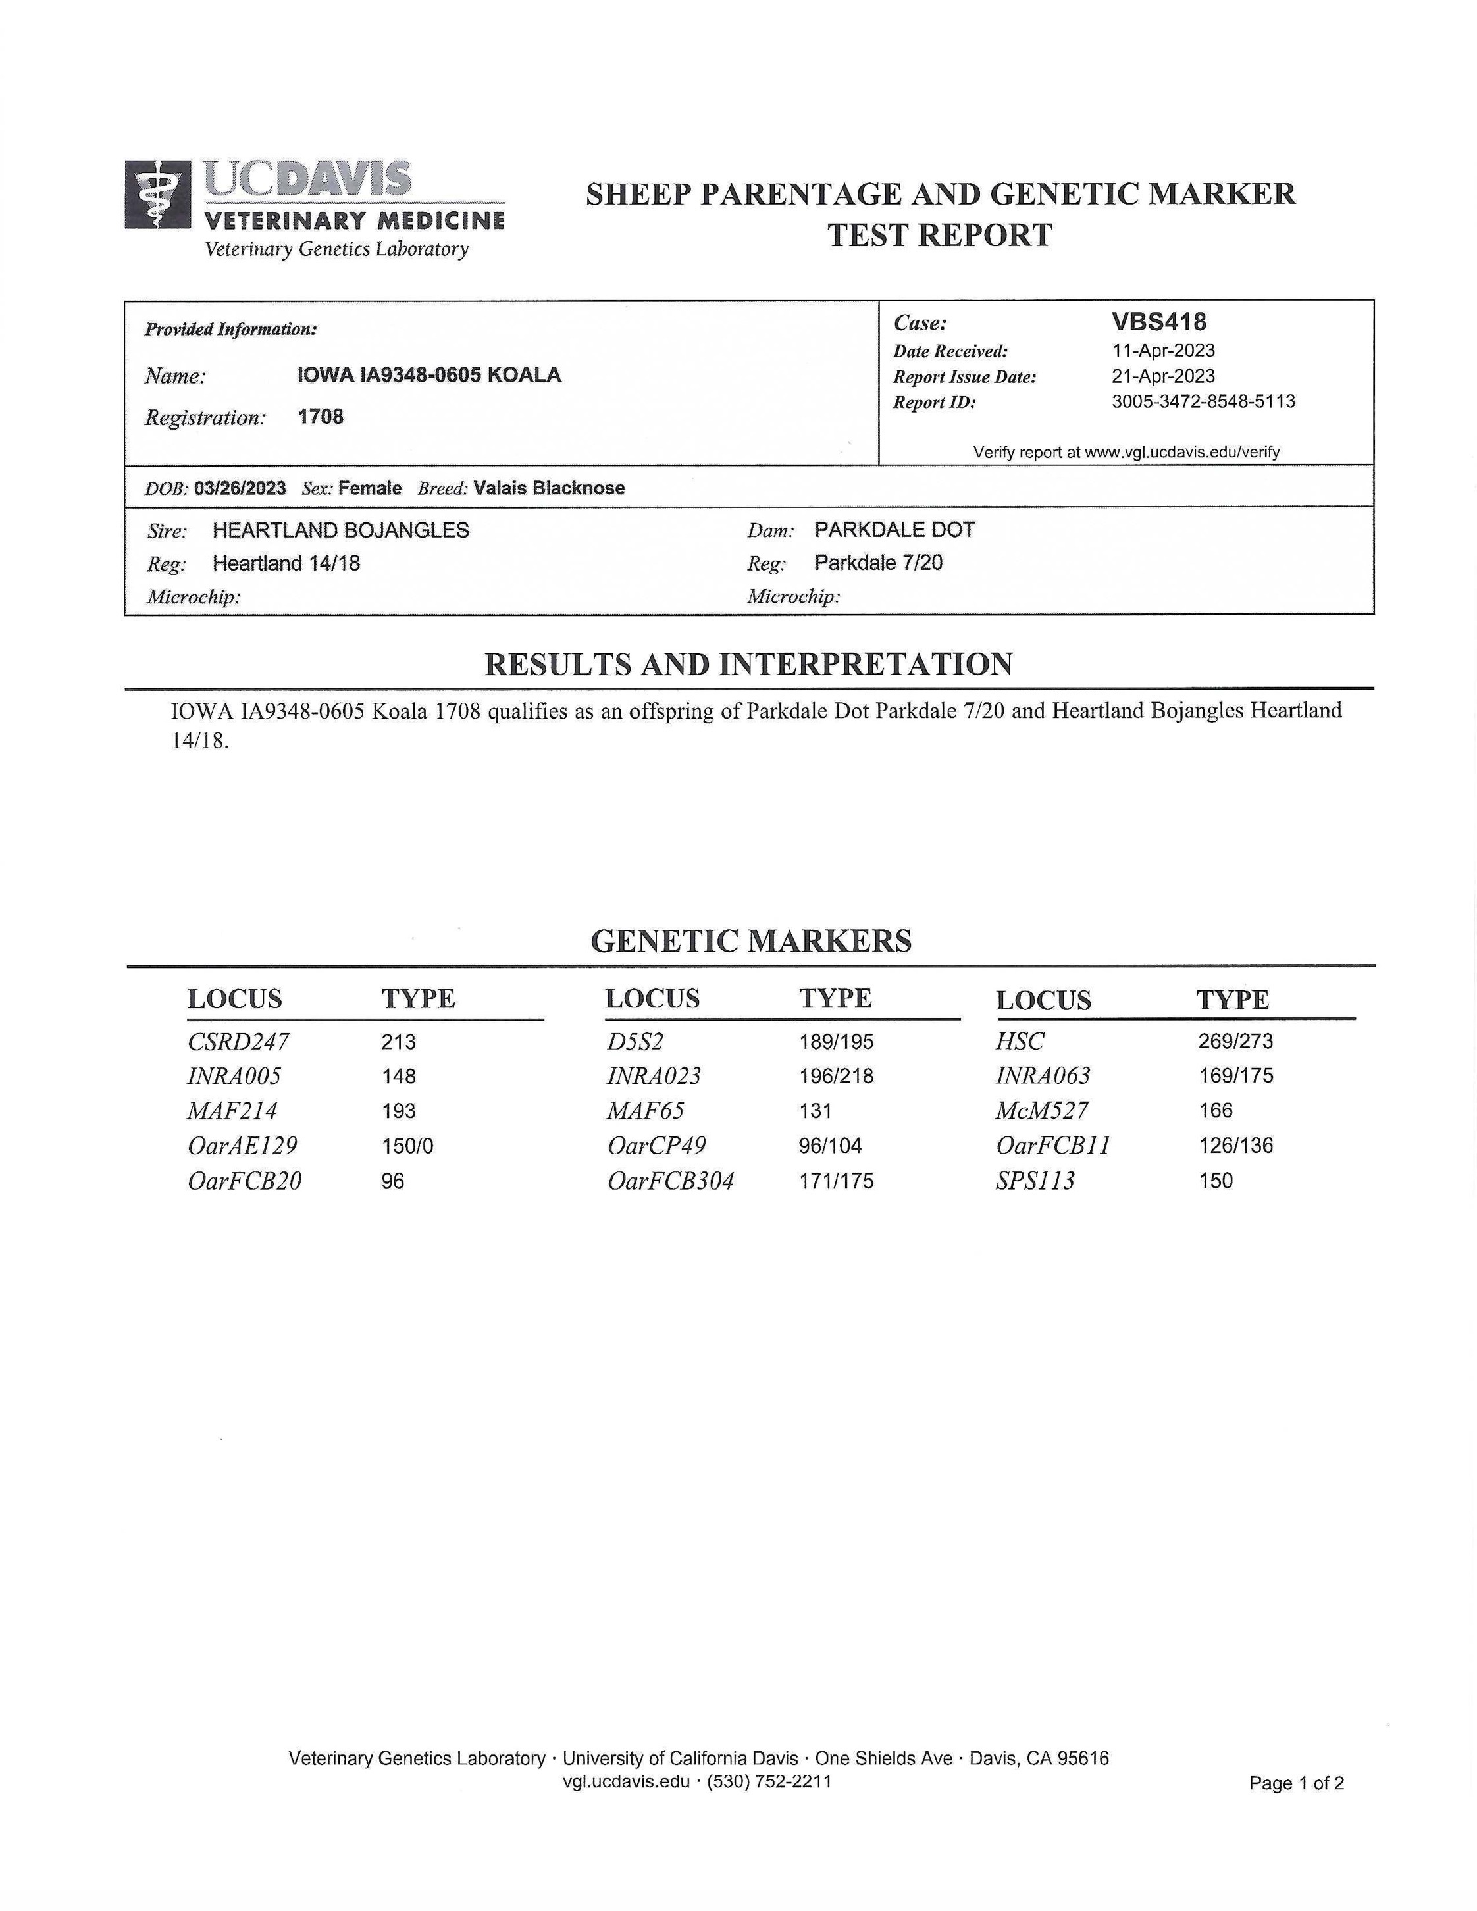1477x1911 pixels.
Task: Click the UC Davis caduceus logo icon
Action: coord(157,194)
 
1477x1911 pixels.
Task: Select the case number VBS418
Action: coord(1158,322)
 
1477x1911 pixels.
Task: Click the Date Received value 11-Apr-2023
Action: coord(1163,351)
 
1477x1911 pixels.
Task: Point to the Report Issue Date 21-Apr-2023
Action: coord(1163,376)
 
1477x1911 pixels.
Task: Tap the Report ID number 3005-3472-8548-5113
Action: coord(1203,401)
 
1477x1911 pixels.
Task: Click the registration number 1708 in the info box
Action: coord(321,417)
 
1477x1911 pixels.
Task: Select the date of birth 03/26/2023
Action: coord(240,488)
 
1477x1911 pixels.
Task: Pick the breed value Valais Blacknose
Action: coord(549,488)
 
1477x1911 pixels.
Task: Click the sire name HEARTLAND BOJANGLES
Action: coord(340,530)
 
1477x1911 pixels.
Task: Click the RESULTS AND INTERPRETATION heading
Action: coord(748,664)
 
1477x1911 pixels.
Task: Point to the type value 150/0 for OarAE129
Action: coord(407,1146)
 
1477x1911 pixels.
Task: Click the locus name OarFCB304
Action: coord(670,1181)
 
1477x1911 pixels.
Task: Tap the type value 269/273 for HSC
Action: coord(1235,1041)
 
